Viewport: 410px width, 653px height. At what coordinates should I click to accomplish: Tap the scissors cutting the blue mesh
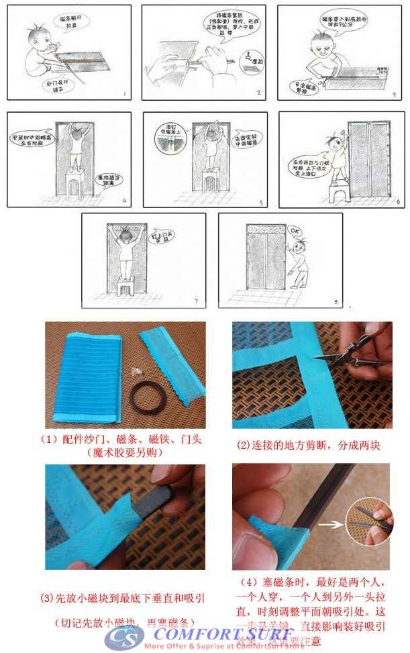(x=349, y=356)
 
